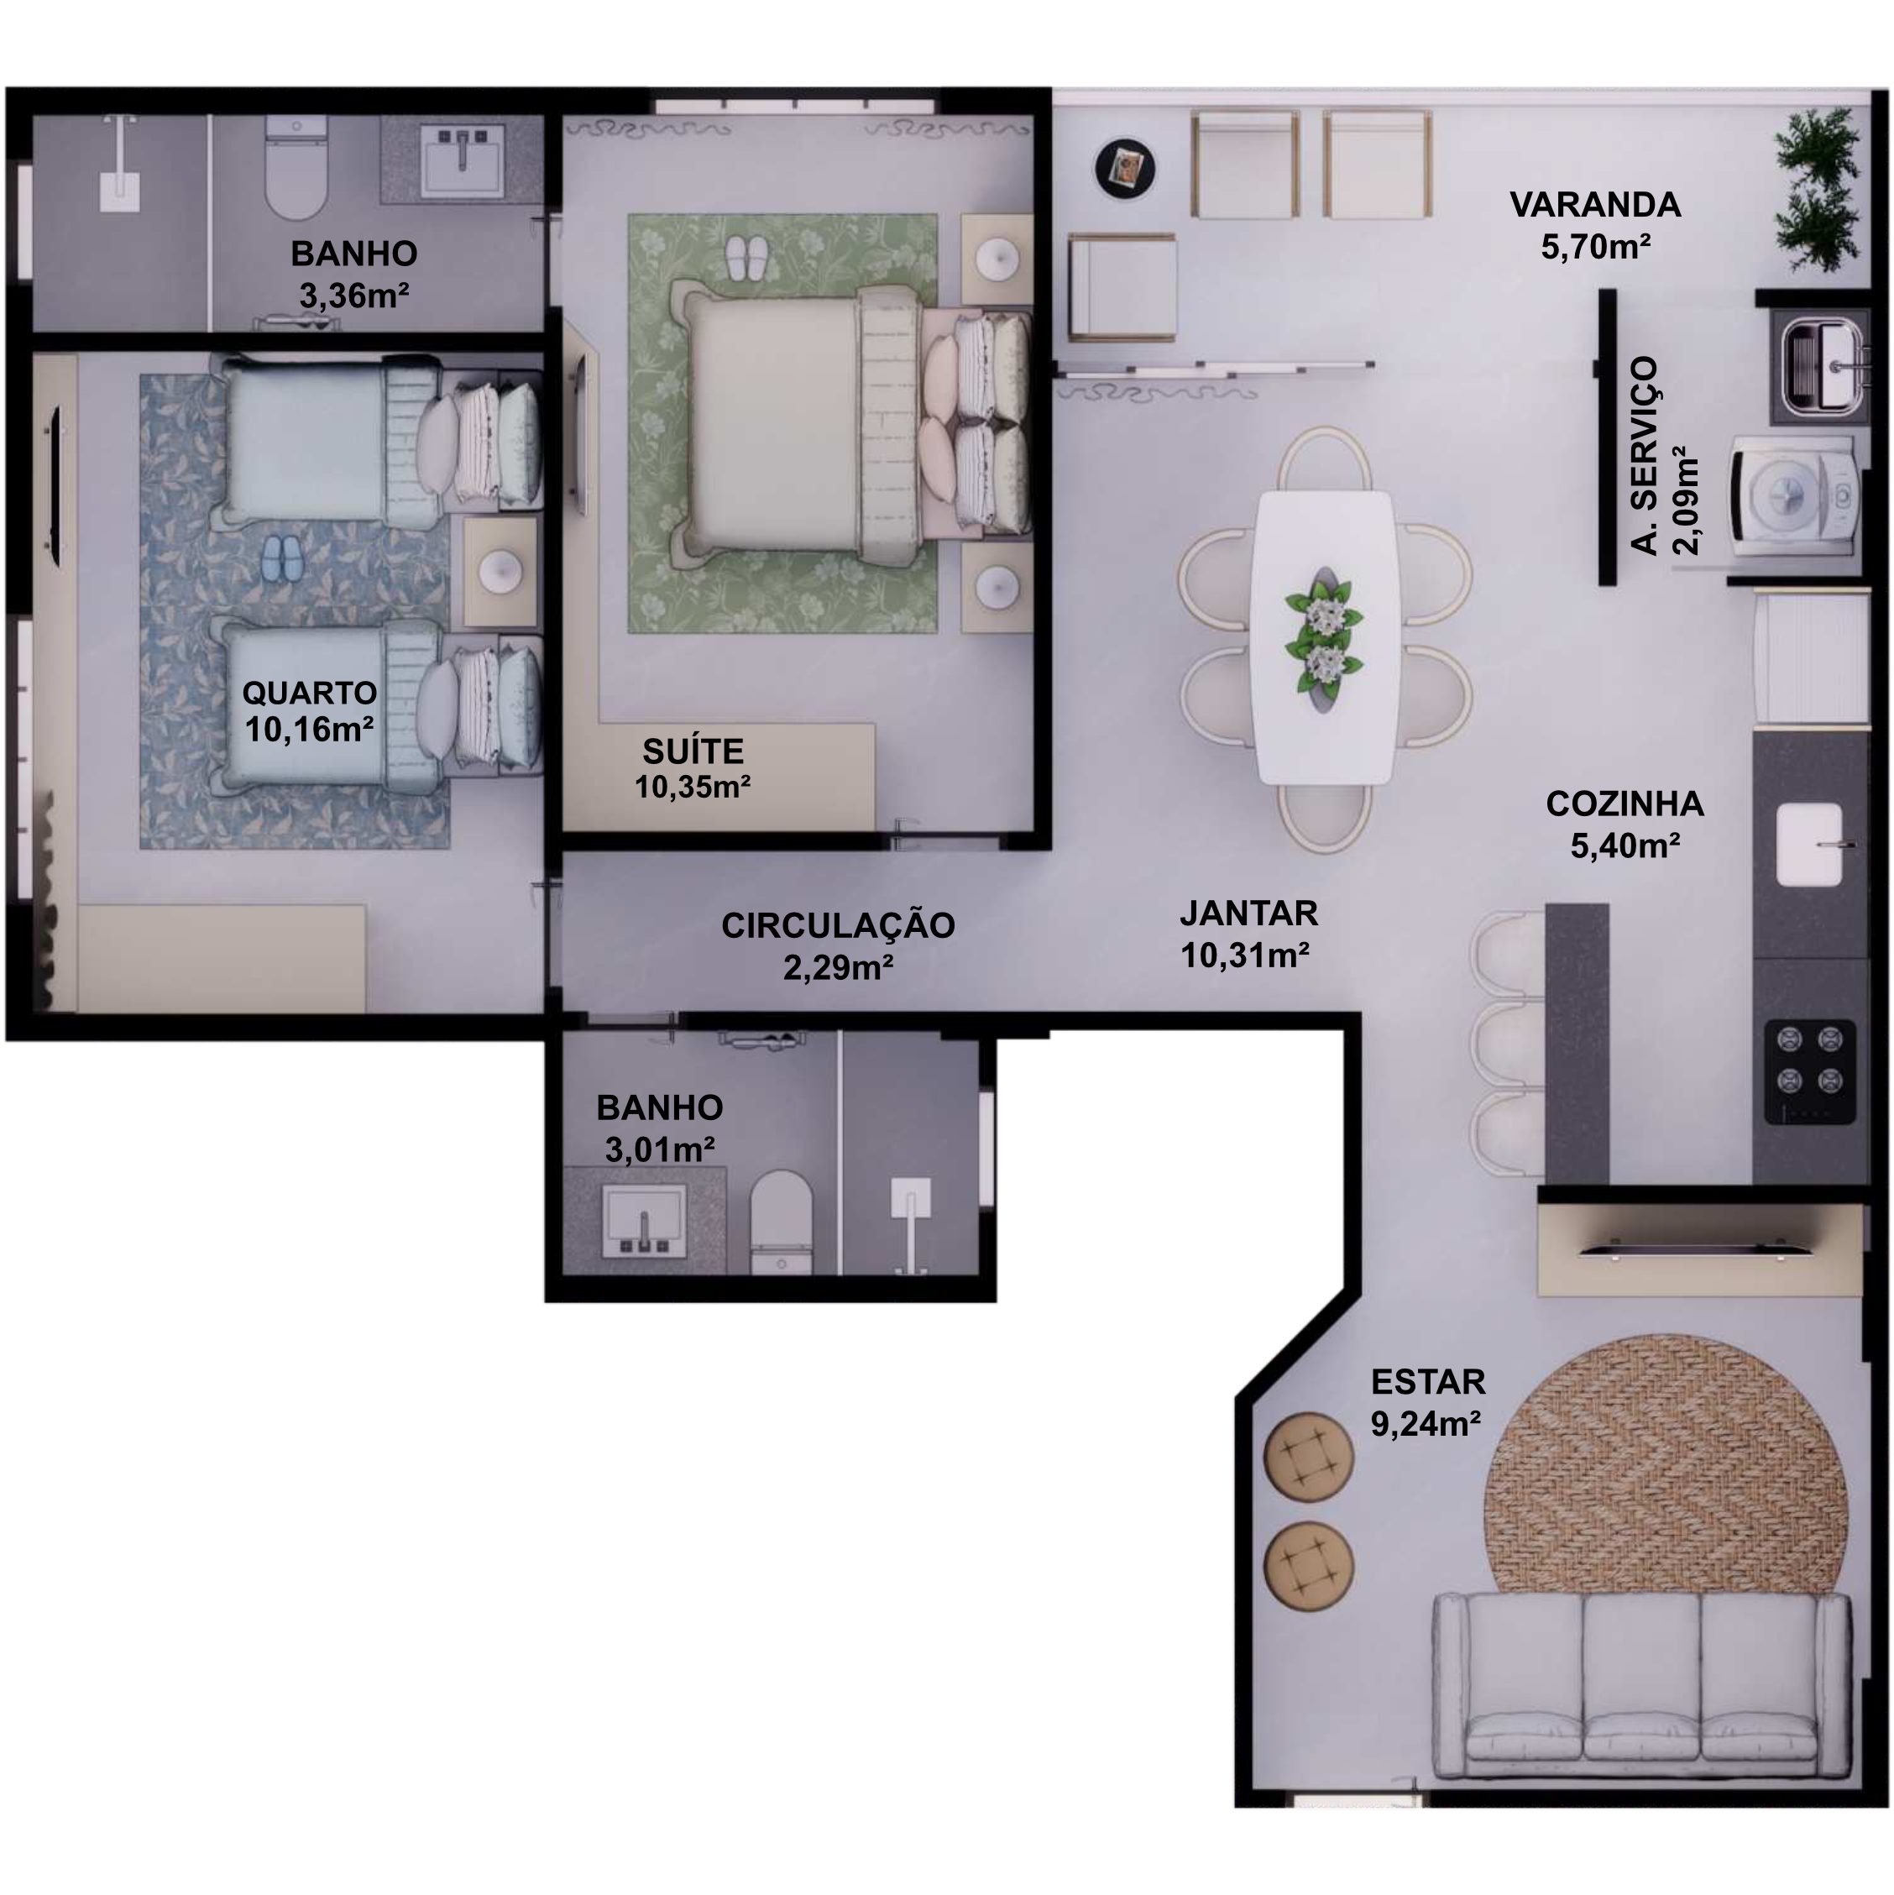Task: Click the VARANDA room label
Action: [1595, 205]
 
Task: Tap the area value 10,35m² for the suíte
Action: [693, 788]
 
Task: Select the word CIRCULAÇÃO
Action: [838, 925]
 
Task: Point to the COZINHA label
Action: [1625, 804]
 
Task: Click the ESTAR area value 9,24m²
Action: [1426, 1423]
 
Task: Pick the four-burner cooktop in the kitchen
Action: [1811, 1072]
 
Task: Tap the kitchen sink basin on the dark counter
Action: [1810, 845]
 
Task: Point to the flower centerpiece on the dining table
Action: [1324, 636]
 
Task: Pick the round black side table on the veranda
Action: [1125, 168]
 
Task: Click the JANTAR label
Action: [1248, 913]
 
